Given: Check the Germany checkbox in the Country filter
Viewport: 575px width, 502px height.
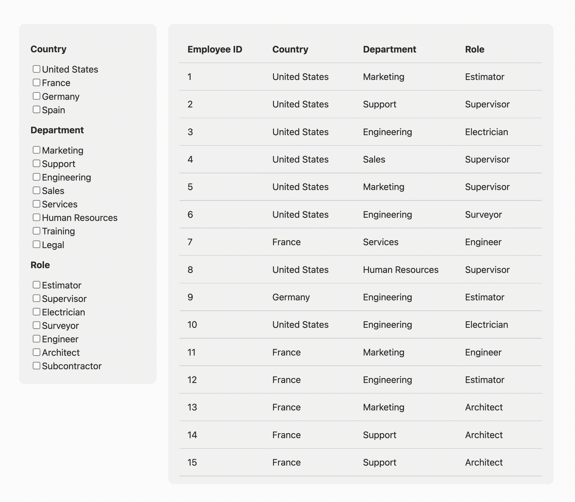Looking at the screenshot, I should pos(36,96).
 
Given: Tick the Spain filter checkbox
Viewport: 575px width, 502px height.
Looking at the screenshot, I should pos(36,110).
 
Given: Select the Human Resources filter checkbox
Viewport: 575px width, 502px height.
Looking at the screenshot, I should pos(36,217).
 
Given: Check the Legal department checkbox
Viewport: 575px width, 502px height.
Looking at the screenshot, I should pos(36,244).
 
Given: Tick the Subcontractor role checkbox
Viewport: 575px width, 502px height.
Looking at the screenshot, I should pos(36,366).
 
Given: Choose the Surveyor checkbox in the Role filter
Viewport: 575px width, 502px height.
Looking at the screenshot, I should pos(36,325).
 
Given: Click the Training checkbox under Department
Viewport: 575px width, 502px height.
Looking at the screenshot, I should pos(36,231).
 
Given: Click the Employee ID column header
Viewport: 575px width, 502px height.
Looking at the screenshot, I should pos(215,49).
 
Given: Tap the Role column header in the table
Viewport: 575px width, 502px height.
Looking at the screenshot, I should pos(475,49).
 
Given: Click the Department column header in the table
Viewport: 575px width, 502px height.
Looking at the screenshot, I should pos(389,49).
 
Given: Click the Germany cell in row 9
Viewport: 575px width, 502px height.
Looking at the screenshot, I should pos(291,297).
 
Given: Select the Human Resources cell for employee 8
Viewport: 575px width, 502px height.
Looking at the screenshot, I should pos(400,270).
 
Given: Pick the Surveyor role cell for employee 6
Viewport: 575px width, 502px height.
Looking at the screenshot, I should pos(483,215).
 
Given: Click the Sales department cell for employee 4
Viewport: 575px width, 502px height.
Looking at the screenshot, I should pos(374,159).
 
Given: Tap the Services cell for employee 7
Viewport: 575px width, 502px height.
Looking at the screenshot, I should pos(380,242).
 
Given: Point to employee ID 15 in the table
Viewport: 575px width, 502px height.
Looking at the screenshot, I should pos(192,462).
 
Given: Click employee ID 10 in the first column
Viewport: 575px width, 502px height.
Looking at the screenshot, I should pos(192,325).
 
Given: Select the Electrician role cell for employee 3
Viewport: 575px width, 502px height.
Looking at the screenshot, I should pos(486,132).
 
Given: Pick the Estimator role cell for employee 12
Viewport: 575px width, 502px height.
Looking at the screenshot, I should pos(485,380).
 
